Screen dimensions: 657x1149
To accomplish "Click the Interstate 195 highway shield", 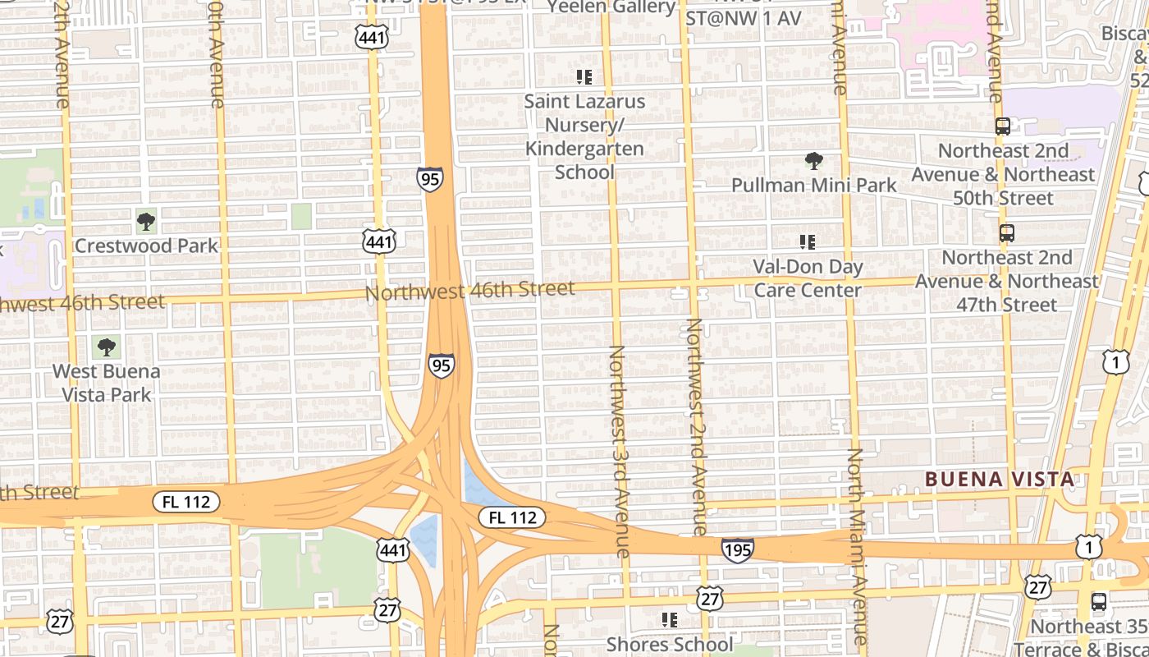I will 738,549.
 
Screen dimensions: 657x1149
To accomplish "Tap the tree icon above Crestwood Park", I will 146,221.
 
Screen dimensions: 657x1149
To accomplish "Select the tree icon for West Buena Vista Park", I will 106,347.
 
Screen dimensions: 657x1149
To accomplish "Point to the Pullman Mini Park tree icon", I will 813,160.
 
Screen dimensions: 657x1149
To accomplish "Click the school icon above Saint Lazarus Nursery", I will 584,77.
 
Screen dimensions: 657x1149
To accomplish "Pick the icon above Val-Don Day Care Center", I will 808,241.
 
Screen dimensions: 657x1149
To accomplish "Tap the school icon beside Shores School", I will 670,619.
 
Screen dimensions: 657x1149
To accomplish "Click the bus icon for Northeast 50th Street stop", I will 1003,126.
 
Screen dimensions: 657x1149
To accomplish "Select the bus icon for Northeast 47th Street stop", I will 1007,233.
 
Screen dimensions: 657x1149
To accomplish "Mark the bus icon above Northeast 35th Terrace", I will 1099,602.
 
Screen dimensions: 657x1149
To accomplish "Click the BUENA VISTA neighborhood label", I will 999,479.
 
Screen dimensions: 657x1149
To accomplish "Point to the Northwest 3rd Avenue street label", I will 617,451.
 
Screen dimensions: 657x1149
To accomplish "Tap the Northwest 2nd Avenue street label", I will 696,427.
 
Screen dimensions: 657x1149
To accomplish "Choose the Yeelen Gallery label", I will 611,7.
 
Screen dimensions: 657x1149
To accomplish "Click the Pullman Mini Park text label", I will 814,185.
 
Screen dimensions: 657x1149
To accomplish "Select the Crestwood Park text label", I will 147,246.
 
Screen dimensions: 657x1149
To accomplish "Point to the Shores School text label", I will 670,644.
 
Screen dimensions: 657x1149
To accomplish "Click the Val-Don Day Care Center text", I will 808,278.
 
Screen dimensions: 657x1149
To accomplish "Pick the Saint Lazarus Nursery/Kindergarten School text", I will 584,136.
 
